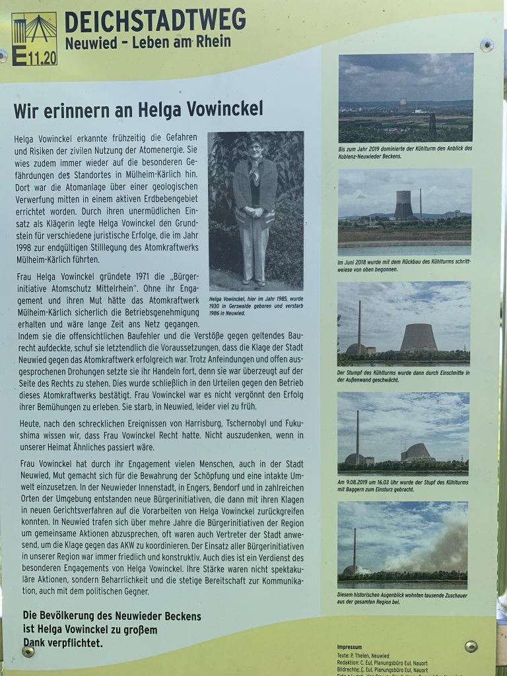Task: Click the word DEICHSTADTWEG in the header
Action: [154, 21]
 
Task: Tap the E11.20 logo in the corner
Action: [34, 39]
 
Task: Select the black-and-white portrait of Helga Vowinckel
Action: [255, 210]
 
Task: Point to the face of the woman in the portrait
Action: [254, 147]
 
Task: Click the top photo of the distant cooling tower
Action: [405, 98]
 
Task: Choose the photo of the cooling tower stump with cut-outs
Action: [403, 323]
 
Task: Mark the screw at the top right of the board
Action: [487, 46]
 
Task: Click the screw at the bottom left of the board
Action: [28, 651]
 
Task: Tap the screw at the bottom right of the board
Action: [471, 646]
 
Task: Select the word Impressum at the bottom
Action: [350, 648]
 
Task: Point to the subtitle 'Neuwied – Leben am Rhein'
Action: [148, 43]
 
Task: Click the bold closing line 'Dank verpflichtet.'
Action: [63, 642]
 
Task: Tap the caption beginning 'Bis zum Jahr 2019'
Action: [405, 152]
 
